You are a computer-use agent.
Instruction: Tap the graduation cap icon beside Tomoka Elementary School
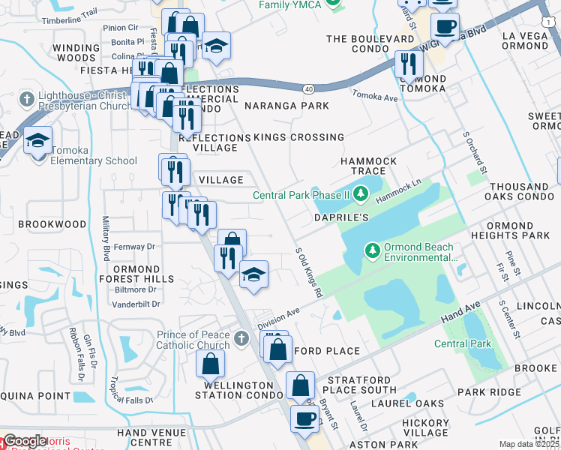[x=37, y=140]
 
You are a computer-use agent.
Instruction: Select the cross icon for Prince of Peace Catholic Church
[x=241, y=339]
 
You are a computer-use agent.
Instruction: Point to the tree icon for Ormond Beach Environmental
[x=371, y=250]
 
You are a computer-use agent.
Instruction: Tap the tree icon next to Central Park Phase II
[x=361, y=195]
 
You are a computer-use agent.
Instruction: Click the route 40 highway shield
[x=309, y=88]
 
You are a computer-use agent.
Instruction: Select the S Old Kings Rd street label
[x=309, y=272]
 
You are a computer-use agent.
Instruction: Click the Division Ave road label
[x=278, y=317]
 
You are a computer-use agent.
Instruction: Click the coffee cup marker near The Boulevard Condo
[x=445, y=28]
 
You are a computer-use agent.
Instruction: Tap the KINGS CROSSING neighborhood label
[x=298, y=137]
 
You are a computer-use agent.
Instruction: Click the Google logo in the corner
[x=24, y=442]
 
